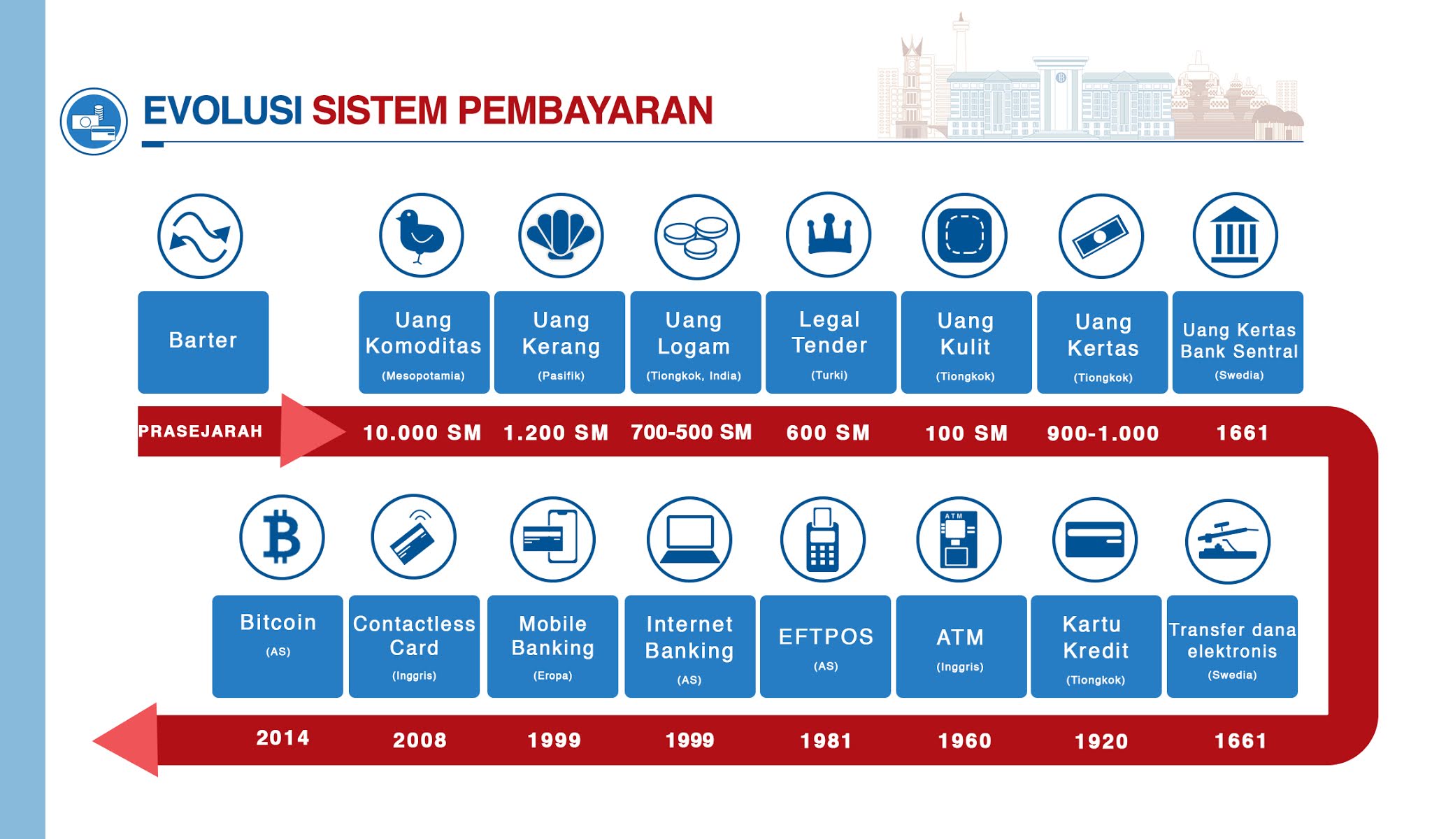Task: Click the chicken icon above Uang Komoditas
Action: pyautogui.click(x=421, y=236)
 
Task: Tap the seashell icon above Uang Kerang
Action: pyautogui.click(x=561, y=236)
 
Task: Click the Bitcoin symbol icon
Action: pyautogui.click(x=282, y=537)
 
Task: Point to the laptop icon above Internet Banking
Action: pyautogui.click(x=689, y=539)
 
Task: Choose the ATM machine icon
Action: pyautogui.click(x=959, y=539)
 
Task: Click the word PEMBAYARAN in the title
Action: pyautogui.click(x=585, y=111)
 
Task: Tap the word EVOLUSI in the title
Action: pyautogui.click(x=222, y=111)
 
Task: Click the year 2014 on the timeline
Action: pyautogui.click(x=282, y=738)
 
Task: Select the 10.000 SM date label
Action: pyautogui.click(x=422, y=433)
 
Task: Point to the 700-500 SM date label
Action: pyautogui.click(x=691, y=432)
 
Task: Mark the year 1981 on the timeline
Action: pyautogui.click(x=826, y=740)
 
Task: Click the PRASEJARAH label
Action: pyautogui.click(x=200, y=431)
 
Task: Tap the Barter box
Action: pyautogui.click(x=203, y=342)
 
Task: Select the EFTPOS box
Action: pyautogui.click(x=825, y=646)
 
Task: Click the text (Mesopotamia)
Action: pyautogui.click(x=423, y=376)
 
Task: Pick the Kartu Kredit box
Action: pyautogui.click(x=1096, y=646)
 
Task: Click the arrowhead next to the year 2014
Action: pyautogui.click(x=128, y=740)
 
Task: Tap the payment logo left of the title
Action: pyautogui.click(x=94, y=121)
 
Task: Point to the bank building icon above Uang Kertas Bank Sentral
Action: pyautogui.click(x=1235, y=236)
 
